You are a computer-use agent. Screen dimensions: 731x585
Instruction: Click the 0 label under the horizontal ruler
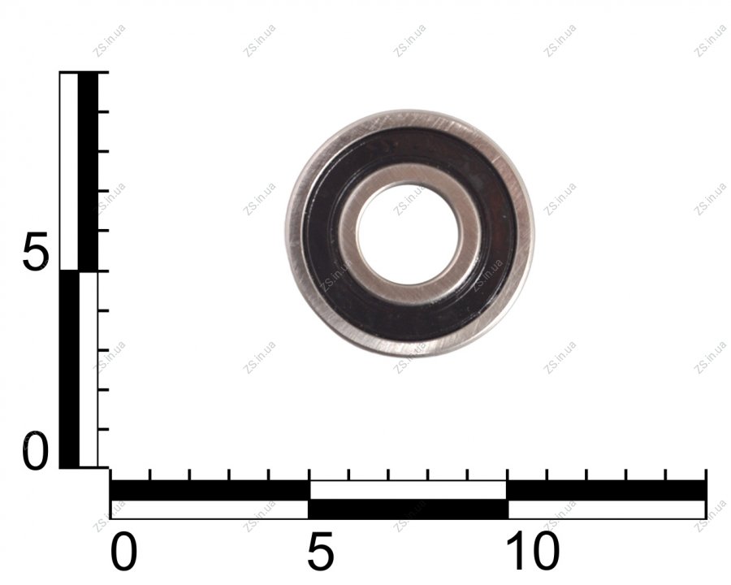123,552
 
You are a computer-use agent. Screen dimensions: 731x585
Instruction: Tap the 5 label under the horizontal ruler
321,552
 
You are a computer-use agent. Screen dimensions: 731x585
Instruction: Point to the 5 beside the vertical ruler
35,252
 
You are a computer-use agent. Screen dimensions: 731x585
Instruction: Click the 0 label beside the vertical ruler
35,451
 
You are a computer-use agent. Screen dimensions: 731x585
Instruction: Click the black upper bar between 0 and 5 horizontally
210,490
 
